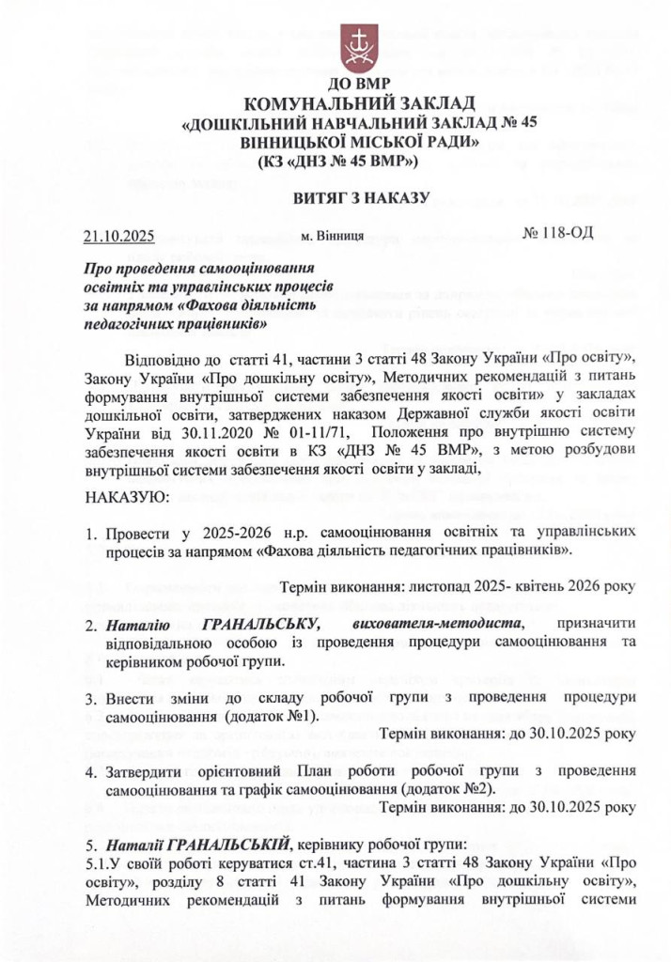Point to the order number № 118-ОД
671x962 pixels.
point(557,231)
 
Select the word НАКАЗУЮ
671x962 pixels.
point(127,495)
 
